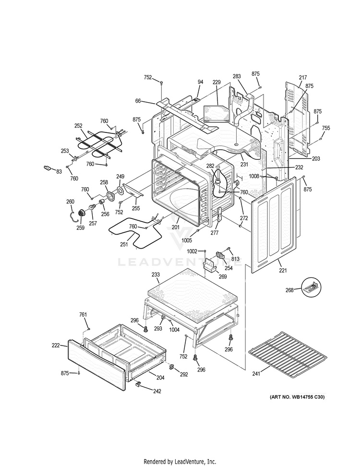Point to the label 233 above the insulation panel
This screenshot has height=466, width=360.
[x=156, y=275]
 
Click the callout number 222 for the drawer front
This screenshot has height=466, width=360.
[x=56, y=346]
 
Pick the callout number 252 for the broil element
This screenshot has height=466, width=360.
[x=78, y=126]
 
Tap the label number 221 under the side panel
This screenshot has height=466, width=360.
[x=283, y=271]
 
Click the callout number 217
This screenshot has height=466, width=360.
[x=302, y=78]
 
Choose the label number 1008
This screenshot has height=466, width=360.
[x=254, y=177]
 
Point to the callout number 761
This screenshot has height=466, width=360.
[x=83, y=314]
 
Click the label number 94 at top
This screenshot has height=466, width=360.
[x=200, y=82]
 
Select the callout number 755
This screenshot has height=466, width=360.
[x=326, y=128]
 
